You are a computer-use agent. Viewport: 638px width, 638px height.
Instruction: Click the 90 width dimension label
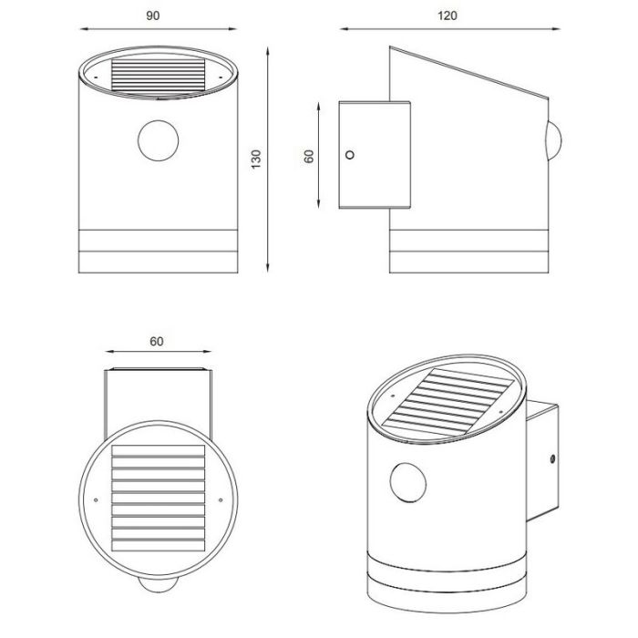[x=153, y=15]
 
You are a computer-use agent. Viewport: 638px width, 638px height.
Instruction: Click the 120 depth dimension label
[x=448, y=15]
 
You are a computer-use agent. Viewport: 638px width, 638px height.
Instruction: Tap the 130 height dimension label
[x=256, y=159]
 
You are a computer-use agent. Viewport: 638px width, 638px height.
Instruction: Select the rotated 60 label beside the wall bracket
[x=309, y=156]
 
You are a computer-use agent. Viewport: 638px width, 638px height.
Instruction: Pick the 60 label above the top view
[x=157, y=342]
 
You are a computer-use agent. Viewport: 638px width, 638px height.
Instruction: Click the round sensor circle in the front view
[x=159, y=140]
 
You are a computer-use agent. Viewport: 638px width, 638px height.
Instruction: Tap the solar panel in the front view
[x=159, y=75]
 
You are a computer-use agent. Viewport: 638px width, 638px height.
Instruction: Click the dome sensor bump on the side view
[x=554, y=140]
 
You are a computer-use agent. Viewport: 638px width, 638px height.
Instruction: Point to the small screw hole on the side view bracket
[x=349, y=155]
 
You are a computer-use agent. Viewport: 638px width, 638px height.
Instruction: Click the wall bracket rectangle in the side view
[x=375, y=155]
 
